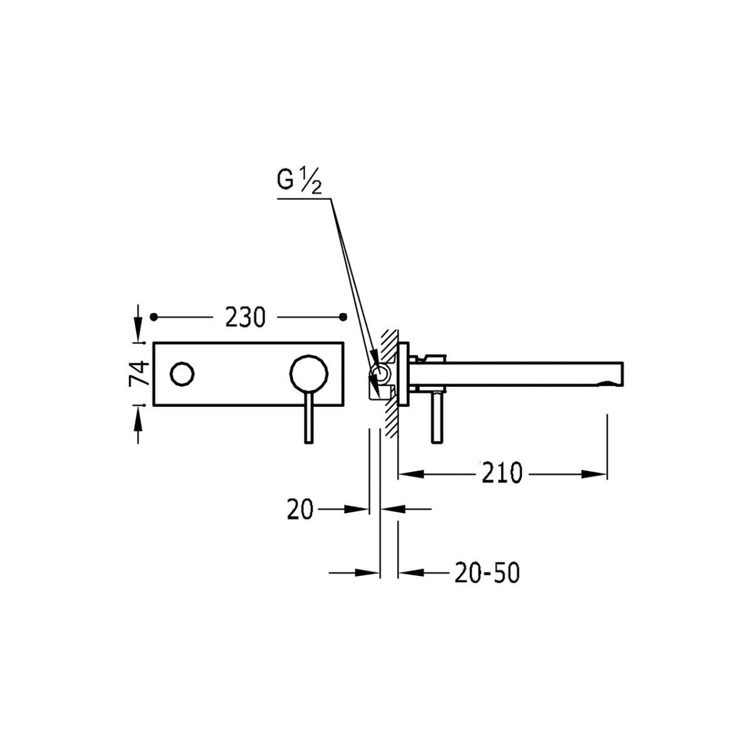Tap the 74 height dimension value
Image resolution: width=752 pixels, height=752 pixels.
[139, 373]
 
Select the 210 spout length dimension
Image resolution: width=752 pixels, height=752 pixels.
[501, 473]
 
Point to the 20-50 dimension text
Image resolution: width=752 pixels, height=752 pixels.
[487, 573]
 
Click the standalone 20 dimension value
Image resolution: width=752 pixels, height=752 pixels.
[300, 509]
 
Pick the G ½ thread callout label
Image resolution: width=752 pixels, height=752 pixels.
[300, 181]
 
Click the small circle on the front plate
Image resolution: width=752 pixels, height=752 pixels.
[182, 374]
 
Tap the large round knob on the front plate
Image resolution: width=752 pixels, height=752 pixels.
[309, 373]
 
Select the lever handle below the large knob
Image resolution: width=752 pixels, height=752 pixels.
[309, 416]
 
